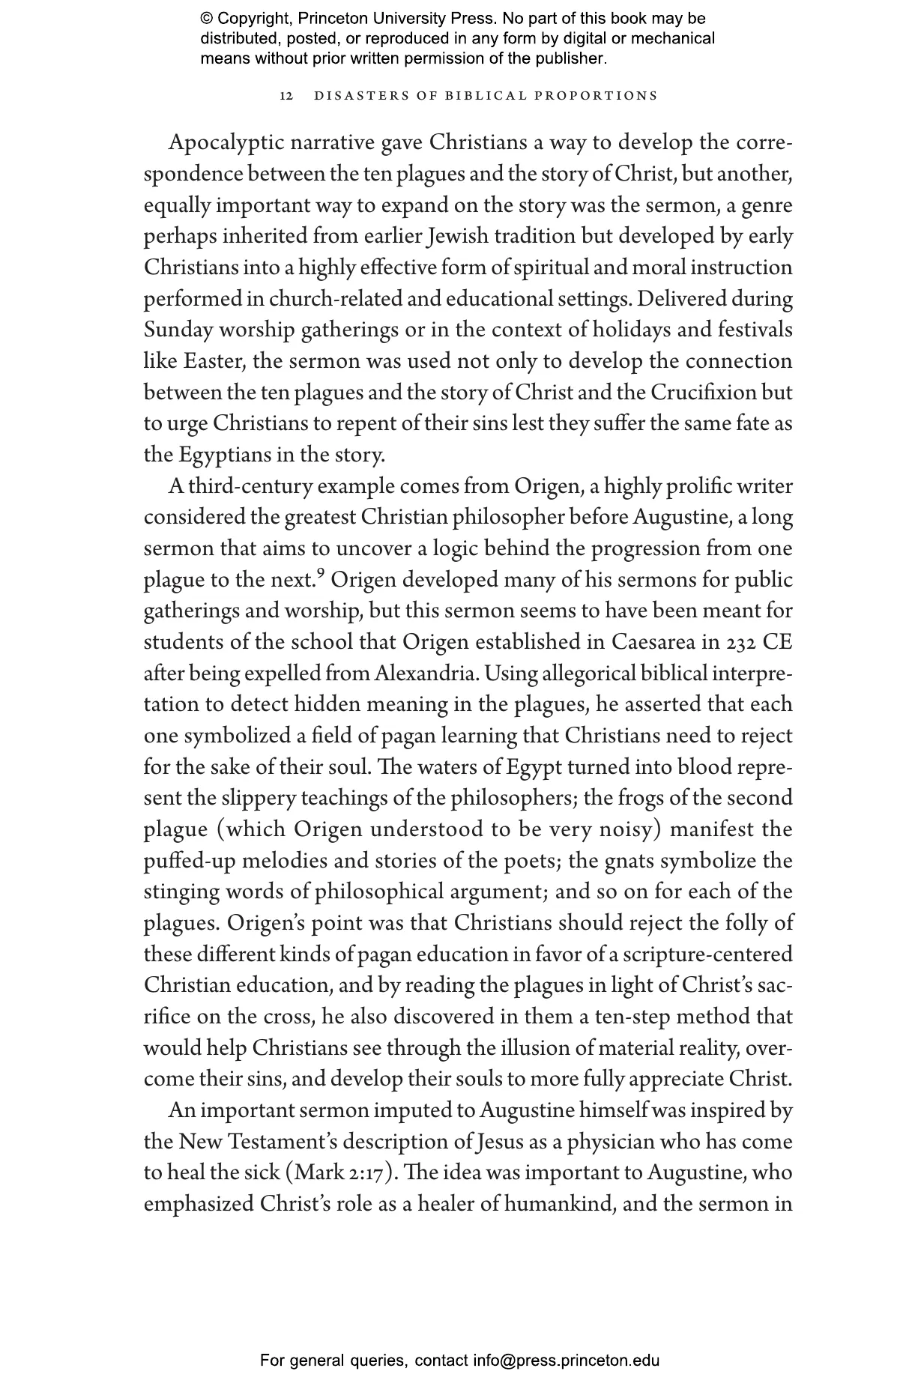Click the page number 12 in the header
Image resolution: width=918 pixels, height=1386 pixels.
tap(286, 96)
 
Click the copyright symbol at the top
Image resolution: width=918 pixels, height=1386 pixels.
tap(206, 19)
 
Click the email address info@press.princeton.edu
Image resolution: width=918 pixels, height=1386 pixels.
tap(566, 1360)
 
